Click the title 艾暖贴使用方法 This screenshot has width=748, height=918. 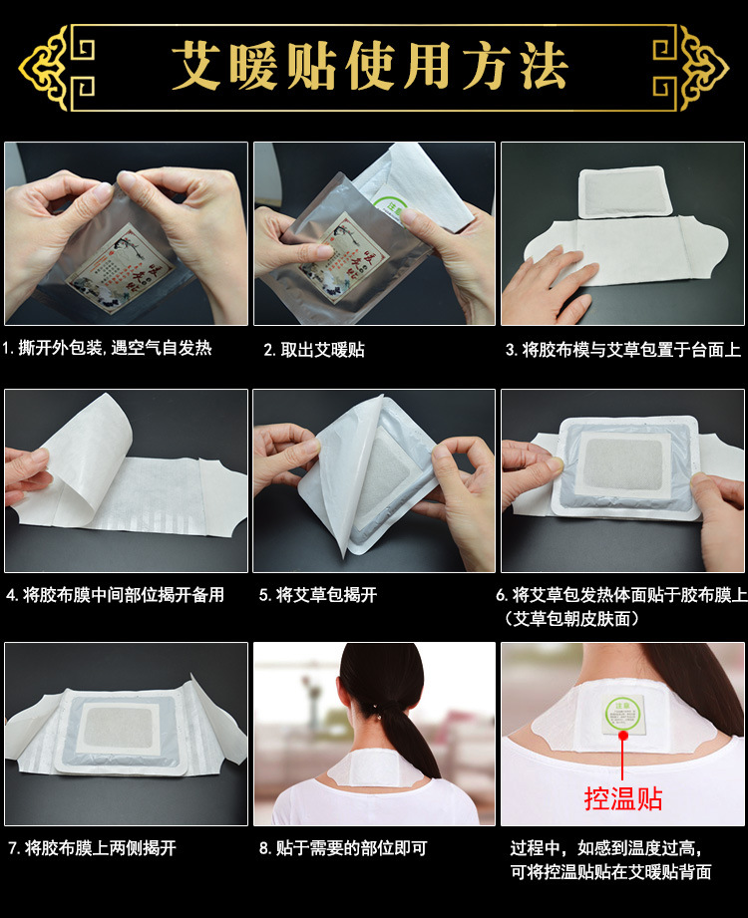[x=370, y=66]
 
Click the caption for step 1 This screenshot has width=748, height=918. [x=107, y=348]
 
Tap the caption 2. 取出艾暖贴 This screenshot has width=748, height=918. [x=314, y=350]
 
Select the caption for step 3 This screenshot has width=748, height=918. [x=623, y=350]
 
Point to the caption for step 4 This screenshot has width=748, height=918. [x=115, y=595]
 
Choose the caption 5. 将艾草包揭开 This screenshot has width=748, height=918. [x=318, y=595]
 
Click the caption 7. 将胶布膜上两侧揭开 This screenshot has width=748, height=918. [x=92, y=848]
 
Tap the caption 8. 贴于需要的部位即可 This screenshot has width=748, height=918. [x=343, y=848]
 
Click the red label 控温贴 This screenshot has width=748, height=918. [x=622, y=798]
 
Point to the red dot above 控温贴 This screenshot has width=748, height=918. [x=622, y=735]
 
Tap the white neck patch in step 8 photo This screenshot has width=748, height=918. [x=375, y=767]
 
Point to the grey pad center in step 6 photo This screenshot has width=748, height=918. [x=623, y=463]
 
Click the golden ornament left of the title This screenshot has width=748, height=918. [x=56, y=68]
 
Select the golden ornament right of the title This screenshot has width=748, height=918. [x=691, y=68]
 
